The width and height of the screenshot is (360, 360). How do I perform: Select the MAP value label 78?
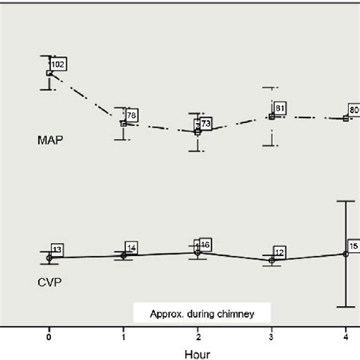(x=132, y=115)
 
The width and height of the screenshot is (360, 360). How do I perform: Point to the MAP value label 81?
(x=279, y=108)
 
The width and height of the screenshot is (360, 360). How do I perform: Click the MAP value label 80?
(x=353, y=110)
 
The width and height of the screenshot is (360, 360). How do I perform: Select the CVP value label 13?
(x=58, y=249)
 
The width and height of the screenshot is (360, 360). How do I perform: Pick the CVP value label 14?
(x=131, y=248)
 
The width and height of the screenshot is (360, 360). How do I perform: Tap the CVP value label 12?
(x=279, y=252)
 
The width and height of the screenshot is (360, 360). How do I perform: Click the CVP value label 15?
(x=353, y=246)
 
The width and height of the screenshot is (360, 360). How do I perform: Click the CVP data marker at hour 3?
(x=272, y=261)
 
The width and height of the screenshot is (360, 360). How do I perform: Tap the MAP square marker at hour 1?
(x=124, y=123)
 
